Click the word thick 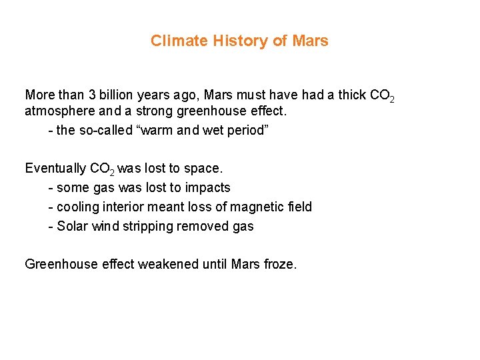(352, 95)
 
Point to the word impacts (207, 188)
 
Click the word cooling (79, 207)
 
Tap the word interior (125, 207)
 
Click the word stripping (147, 227)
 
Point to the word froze (279, 265)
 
